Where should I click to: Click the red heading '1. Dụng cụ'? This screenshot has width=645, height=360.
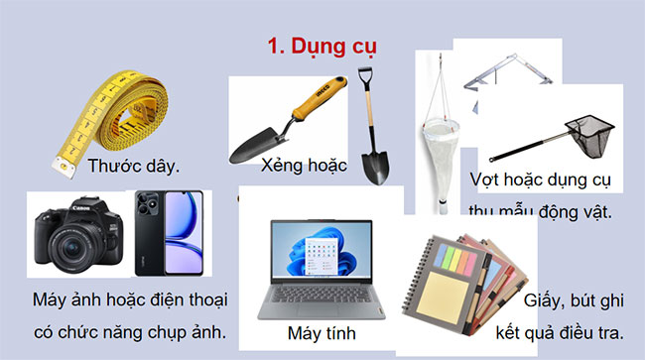click(x=322, y=46)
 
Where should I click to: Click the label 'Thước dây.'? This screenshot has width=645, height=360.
click(x=133, y=166)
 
